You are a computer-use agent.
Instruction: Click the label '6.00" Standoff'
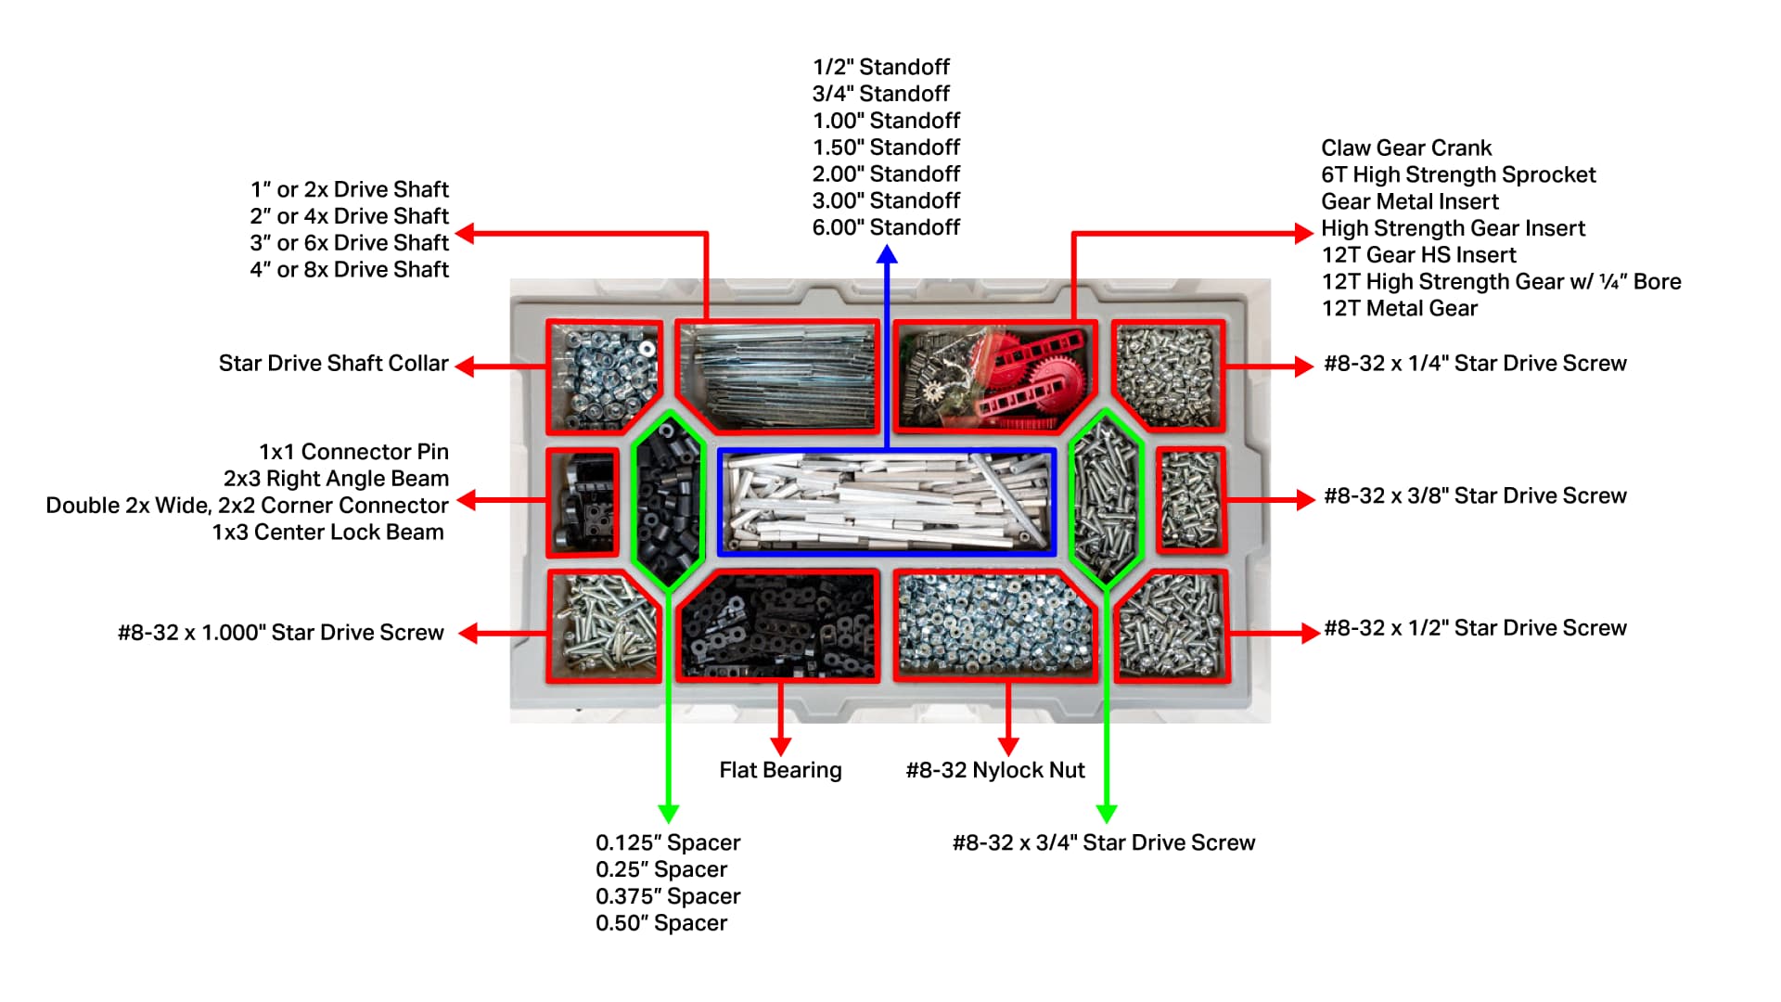tap(886, 227)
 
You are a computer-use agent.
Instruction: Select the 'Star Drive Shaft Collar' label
tap(334, 363)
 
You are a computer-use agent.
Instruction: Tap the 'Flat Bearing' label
tap(780, 770)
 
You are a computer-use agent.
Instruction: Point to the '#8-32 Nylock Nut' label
tap(995, 770)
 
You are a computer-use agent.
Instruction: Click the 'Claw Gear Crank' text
tap(1406, 148)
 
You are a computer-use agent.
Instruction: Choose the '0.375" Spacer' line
tap(668, 896)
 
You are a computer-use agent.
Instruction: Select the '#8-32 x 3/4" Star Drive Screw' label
tap(1104, 842)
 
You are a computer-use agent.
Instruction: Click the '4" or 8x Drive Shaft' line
tap(350, 269)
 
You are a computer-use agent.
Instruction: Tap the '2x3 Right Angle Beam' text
tap(336, 478)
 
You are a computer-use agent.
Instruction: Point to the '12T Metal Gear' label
tap(1400, 308)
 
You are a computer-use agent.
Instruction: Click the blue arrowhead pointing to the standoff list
tap(887, 252)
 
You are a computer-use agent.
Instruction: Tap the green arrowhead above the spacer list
tap(668, 813)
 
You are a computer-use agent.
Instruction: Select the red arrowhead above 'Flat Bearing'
tap(781, 746)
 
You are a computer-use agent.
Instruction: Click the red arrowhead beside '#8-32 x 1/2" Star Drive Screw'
tap(1310, 633)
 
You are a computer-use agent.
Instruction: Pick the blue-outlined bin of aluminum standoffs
tap(887, 502)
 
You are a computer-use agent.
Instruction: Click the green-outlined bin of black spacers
tap(668, 500)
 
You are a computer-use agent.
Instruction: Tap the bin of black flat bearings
tap(777, 626)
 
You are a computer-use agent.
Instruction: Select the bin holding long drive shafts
tap(777, 377)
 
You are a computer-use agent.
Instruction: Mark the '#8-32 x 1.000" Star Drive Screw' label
tap(281, 633)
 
